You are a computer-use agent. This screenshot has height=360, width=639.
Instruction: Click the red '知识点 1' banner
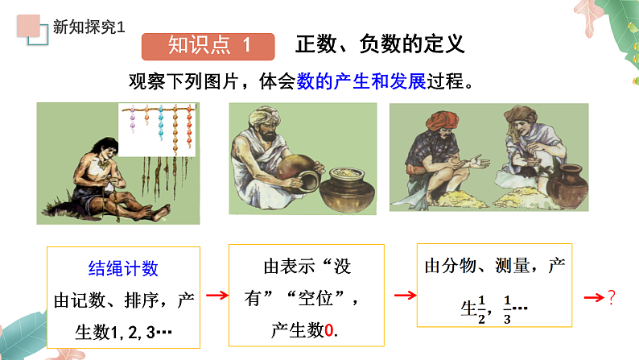click(x=208, y=46)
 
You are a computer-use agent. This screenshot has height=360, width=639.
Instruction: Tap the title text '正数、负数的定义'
click(x=380, y=44)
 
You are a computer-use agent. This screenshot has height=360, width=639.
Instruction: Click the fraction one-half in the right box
click(x=482, y=307)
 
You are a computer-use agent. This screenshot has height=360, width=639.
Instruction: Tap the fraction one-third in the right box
click(x=507, y=307)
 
